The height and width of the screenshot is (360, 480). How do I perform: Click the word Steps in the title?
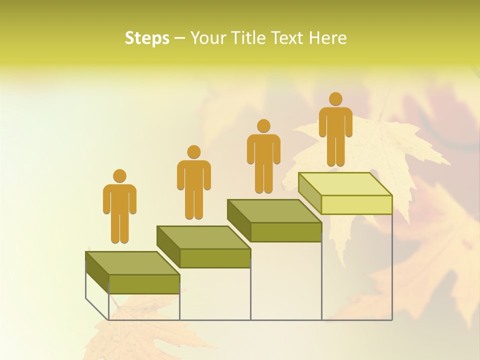point(147,38)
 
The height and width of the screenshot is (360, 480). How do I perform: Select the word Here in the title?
point(328,38)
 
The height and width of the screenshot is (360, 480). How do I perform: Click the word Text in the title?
point(288,38)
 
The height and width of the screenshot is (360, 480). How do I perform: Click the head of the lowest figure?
point(119,176)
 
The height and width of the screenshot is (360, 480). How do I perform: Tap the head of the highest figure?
point(335,99)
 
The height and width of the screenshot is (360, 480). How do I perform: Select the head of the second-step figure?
point(193,152)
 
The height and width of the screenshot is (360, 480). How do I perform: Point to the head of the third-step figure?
point(263,126)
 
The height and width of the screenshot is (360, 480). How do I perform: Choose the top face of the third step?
point(274,211)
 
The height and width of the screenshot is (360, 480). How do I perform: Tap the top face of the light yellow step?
point(345,184)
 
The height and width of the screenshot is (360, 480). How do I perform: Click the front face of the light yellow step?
point(356,204)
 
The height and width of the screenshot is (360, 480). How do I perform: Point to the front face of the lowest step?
point(144,284)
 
